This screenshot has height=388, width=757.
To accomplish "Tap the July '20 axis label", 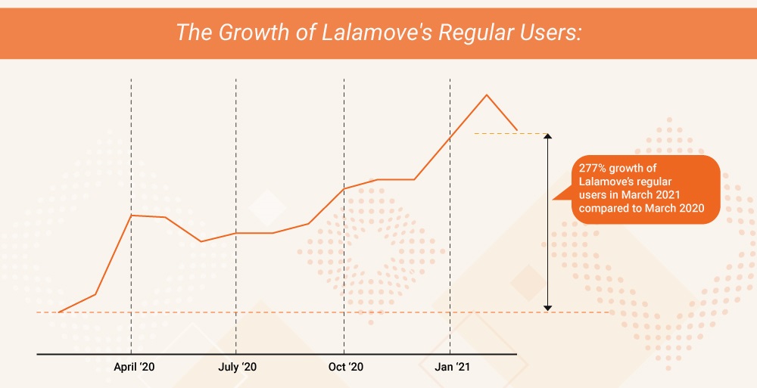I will (x=237, y=367).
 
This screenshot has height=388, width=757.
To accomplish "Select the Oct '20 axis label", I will (x=345, y=367).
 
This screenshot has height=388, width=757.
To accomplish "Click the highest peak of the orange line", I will (x=486, y=95).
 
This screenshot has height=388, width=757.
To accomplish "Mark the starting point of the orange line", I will (x=59, y=312).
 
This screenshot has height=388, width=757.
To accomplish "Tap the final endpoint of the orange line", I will (x=517, y=129).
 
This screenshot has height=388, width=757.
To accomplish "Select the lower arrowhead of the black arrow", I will (x=547, y=307).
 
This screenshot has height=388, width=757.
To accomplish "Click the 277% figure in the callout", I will (x=591, y=167).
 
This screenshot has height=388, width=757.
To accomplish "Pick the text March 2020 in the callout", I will (x=681, y=208).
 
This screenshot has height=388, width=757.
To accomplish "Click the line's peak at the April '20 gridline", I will (x=132, y=216).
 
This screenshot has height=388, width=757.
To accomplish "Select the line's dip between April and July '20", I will (x=201, y=241).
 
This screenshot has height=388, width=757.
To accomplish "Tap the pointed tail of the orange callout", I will (x=555, y=198).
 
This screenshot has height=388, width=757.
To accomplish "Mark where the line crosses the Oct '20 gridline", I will (x=344, y=188).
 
